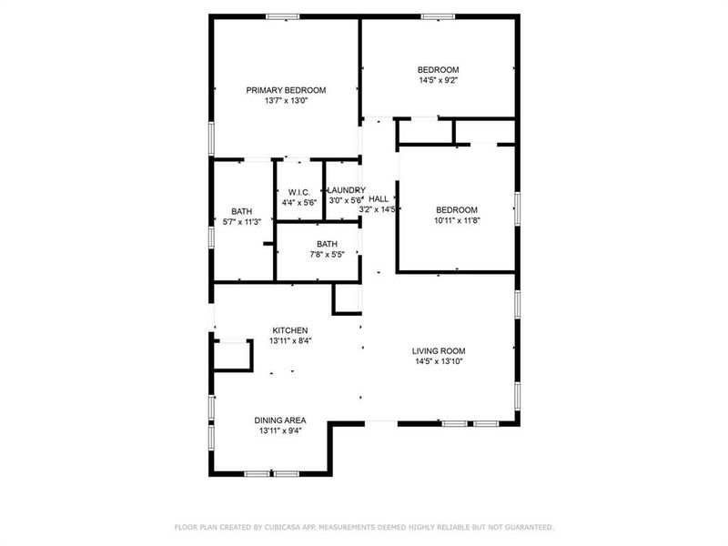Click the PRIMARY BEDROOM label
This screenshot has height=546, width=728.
coord(287,90)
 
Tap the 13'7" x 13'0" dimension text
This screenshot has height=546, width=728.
coord(287,101)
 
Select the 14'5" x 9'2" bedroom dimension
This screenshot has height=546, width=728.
coord(438,81)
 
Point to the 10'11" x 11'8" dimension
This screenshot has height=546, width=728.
coord(456,220)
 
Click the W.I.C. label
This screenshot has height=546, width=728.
coord(299,192)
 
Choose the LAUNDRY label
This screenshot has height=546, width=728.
coord(345,189)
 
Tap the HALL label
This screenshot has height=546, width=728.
coord(379,198)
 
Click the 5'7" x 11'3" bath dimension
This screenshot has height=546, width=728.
coord(242,221)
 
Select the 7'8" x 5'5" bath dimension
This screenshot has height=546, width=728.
coord(327,255)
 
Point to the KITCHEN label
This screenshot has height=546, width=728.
coord(290,330)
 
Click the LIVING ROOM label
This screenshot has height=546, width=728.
coord(439,350)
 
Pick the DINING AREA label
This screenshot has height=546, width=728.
coord(279,420)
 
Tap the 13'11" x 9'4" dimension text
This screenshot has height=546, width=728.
coord(279,431)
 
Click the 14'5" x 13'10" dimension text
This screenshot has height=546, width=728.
coord(439,361)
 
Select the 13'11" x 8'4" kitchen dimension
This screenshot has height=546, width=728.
coord(290,341)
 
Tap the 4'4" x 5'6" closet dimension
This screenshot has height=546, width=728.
coord(299,202)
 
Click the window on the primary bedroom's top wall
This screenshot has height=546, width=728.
coord(283,15)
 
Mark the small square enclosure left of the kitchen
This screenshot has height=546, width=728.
coord(231,354)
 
